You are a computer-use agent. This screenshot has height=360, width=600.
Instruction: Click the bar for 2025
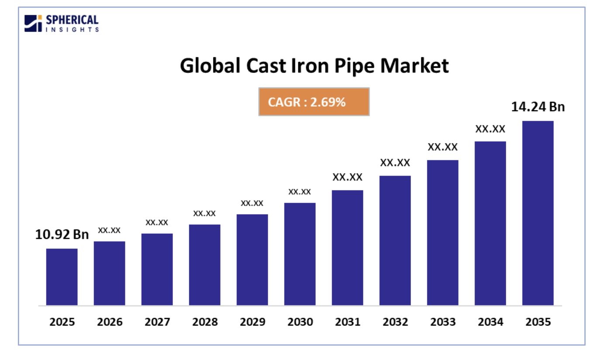pos(62,277)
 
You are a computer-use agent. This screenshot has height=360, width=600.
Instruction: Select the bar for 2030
pos(300,254)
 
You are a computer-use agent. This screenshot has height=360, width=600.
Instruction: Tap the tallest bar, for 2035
pos(538,213)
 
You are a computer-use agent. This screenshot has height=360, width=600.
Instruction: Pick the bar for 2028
pos(205,265)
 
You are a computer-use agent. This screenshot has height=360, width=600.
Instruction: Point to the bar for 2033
pos(442,233)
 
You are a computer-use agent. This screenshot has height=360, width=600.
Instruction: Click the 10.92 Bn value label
pos(62,235)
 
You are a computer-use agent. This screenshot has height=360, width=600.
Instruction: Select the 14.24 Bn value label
pos(538,107)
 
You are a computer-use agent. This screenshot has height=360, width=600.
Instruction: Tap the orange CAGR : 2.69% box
pos(314,102)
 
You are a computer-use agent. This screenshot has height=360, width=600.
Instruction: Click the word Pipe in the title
pos(354,66)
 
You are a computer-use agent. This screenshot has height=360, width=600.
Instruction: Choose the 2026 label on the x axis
pos(110,322)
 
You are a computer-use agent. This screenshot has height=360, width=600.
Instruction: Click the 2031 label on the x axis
pos(348,322)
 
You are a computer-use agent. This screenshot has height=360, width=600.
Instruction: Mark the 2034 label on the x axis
pos(490,322)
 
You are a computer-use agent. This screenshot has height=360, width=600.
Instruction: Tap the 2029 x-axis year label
pos(252,322)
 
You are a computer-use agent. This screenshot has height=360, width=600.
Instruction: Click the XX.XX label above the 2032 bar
pos(395,163)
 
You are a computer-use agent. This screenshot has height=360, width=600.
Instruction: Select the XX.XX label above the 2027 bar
pos(157,222)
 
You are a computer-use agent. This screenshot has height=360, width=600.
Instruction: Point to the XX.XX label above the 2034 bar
pos(490,129)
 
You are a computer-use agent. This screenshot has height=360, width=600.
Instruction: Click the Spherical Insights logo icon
pos(33,23)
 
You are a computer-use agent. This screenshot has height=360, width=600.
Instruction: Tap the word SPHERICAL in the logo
pos(72,20)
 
